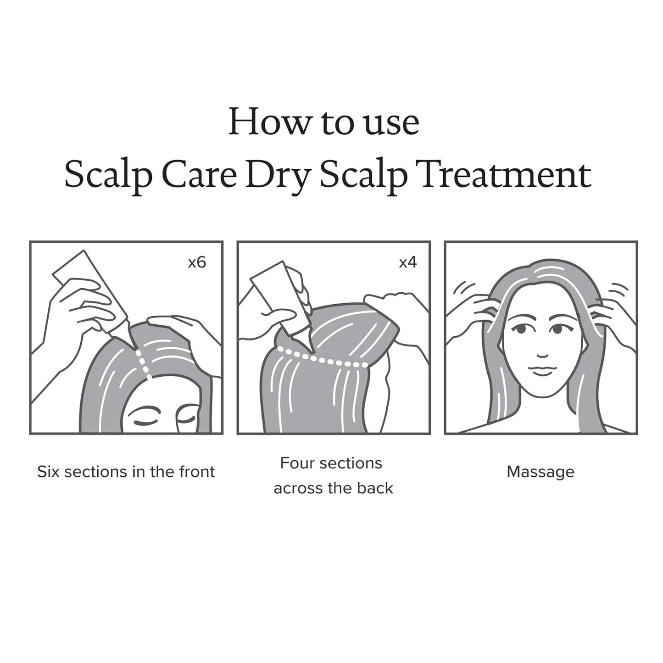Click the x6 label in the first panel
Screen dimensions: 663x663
pos(197,262)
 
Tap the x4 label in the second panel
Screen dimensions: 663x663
pos(407,262)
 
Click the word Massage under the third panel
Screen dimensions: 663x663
pos(540,472)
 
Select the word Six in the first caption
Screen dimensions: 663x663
pos(48,472)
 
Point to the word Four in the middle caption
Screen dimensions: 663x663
pos(296,463)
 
